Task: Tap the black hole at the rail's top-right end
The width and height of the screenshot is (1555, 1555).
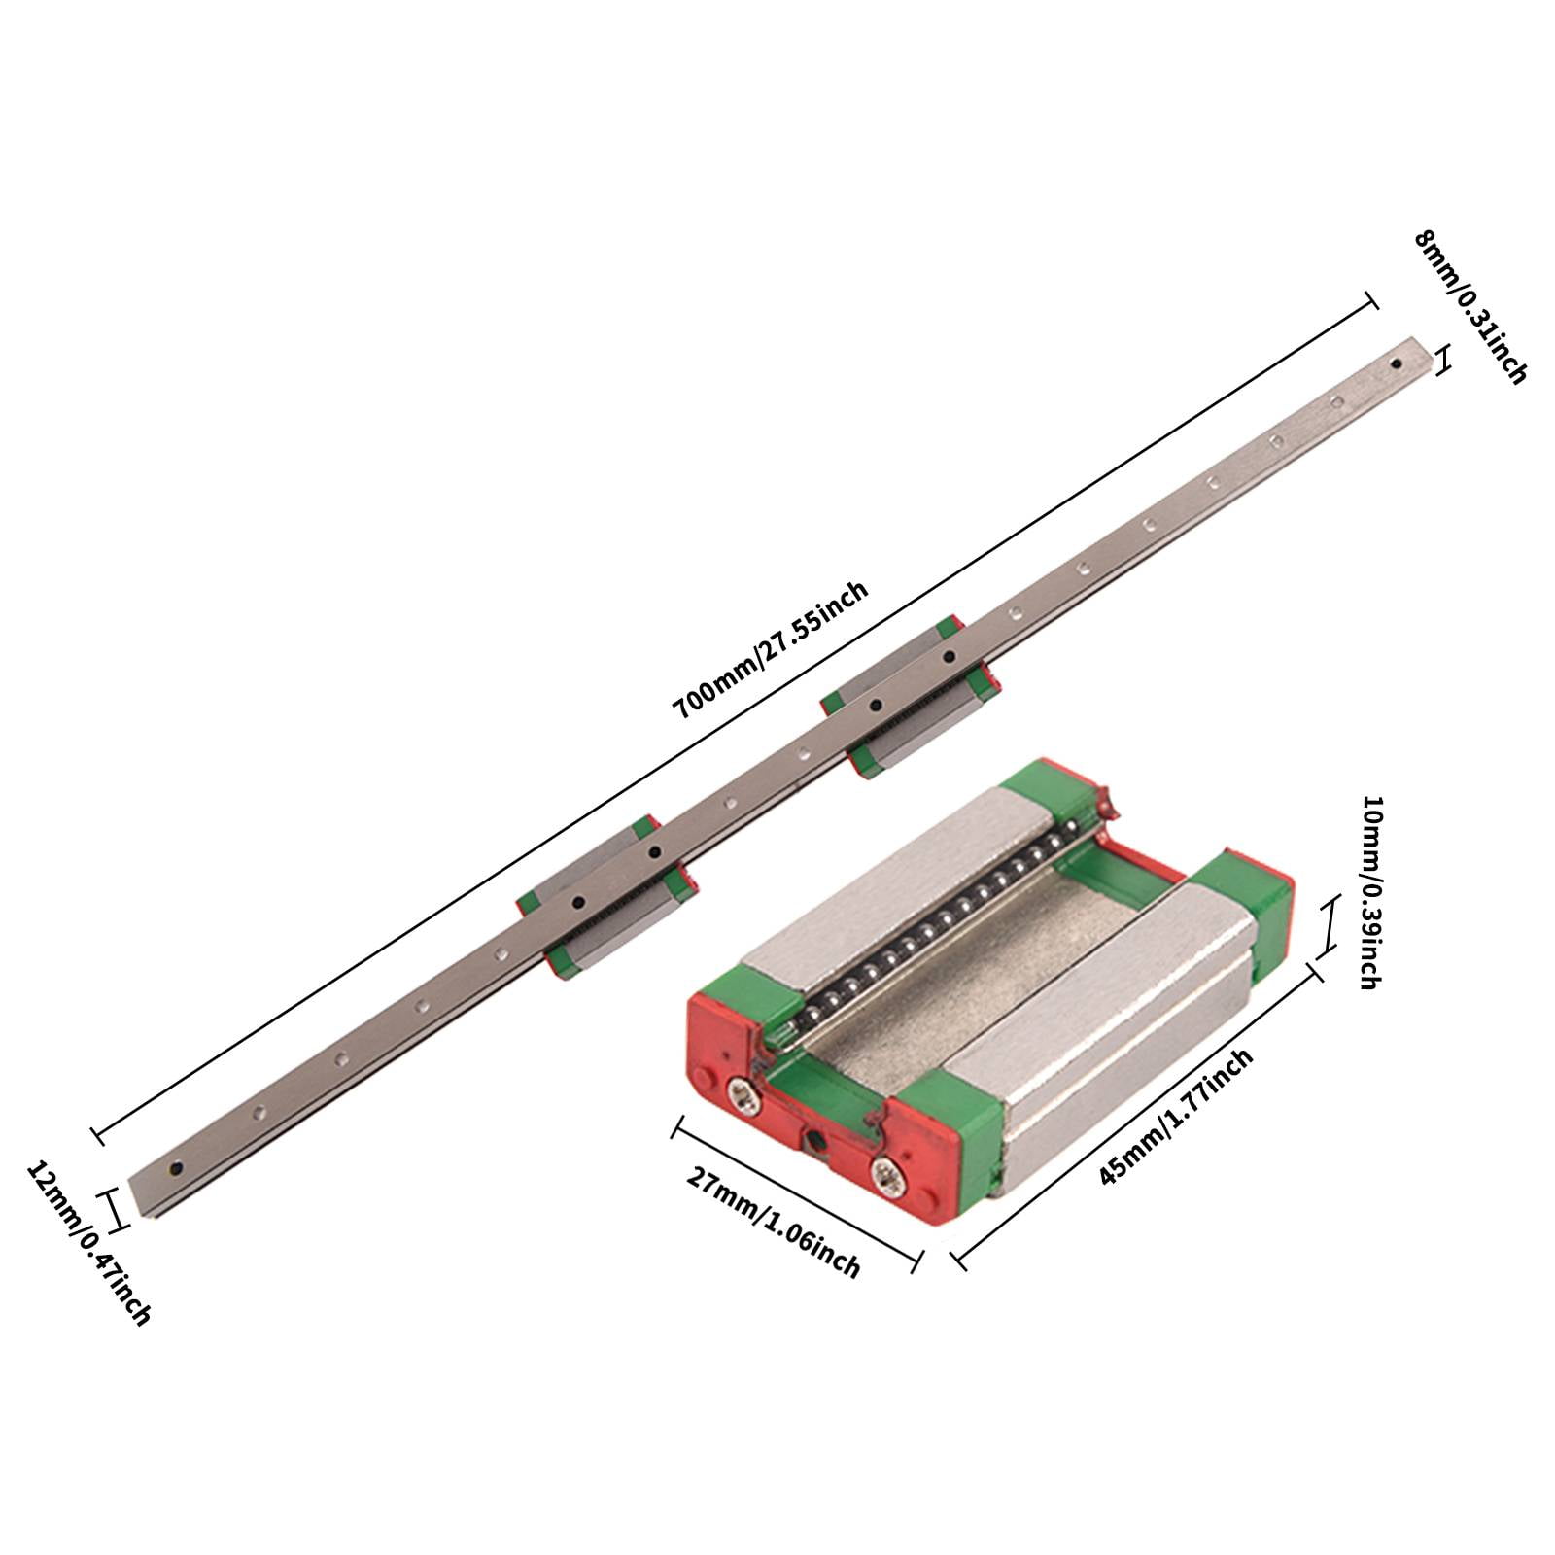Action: point(1396,365)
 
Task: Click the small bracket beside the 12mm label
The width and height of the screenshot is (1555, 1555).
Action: point(116,1210)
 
